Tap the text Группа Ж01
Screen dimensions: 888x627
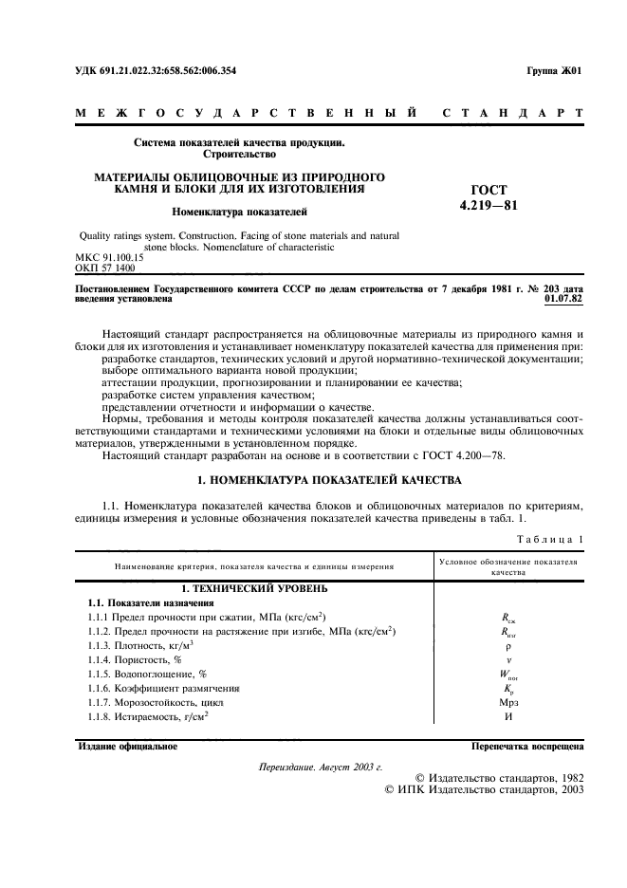(x=554, y=70)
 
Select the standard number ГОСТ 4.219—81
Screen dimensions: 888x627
(x=489, y=196)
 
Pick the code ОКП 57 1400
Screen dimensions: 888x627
(x=103, y=268)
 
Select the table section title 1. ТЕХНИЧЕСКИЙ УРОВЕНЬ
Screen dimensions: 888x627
(x=254, y=588)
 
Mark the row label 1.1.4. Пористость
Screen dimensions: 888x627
(x=140, y=658)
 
